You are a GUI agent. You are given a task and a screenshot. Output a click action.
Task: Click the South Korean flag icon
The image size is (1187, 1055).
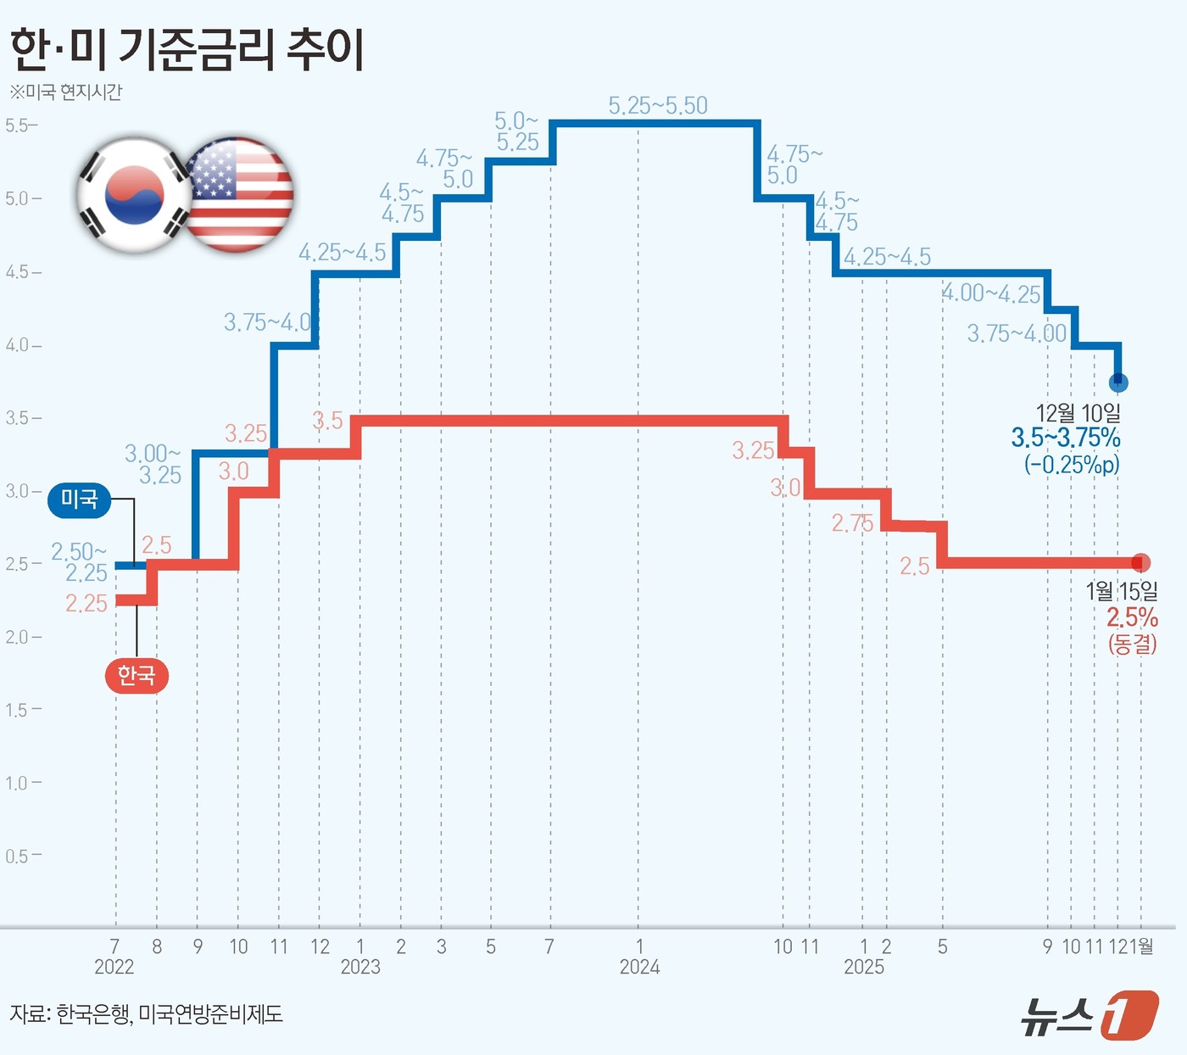click(x=134, y=195)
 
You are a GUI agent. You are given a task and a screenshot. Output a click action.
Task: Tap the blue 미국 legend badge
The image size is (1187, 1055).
click(x=79, y=500)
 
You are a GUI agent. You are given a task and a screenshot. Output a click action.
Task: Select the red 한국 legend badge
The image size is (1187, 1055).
click(x=137, y=676)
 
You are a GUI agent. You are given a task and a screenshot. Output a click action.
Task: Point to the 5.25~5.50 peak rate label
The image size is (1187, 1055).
click(x=658, y=106)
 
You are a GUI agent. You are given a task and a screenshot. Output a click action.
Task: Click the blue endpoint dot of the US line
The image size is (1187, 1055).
click(x=1118, y=382)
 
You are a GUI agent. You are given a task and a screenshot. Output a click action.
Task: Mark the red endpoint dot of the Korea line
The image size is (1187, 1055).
click(x=1141, y=562)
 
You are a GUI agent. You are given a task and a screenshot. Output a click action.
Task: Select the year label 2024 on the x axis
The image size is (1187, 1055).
click(x=639, y=967)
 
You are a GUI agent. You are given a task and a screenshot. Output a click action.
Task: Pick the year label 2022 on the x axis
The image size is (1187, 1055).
click(x=114, y=967)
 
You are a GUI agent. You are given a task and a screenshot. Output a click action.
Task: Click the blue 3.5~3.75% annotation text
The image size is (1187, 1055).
click(x=1066, y=438)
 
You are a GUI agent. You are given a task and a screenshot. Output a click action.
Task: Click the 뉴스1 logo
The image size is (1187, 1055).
click(x=1089, y=1014)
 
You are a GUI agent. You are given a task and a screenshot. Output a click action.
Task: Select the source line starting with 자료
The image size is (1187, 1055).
click(x=146, y=1013)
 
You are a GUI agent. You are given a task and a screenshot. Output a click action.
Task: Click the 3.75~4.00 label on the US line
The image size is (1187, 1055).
click(x=1017, y=333)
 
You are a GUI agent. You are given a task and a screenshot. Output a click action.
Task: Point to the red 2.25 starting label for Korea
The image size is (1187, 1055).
click(x=86, y=603)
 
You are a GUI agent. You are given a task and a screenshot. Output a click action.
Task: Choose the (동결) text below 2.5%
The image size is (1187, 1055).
click(x=1132, y=644)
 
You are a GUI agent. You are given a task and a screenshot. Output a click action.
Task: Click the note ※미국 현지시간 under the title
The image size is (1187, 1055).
click(x=66, y=92)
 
